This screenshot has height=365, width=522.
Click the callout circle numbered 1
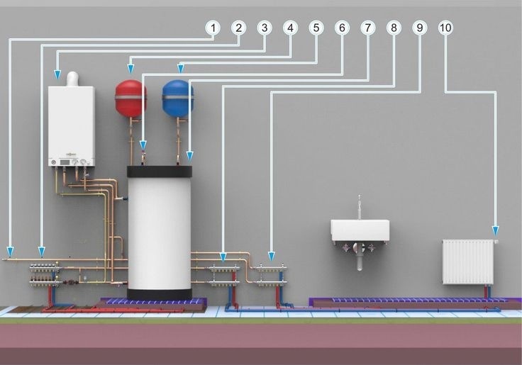(x=212, y=28)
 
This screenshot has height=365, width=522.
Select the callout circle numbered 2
(x=238, y=28)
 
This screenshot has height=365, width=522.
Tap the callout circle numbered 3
(x=265, y=28)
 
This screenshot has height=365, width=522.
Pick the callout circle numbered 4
(x=290, y=28)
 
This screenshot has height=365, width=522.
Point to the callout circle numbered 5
(x=316, y=28)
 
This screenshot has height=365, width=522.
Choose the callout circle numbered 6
(x=342, y=28)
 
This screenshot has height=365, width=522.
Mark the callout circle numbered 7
(x=367, y=28)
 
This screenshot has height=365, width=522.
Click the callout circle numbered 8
(x=393, y=28)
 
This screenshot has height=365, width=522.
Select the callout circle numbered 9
(x=419, y=28)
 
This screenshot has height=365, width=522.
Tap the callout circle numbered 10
(x=445, y=28)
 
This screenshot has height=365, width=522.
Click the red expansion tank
(x=131, y=99)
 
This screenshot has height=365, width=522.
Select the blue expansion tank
(x=177, y=99)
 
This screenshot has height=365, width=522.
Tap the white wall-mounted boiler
(x=71, y=124)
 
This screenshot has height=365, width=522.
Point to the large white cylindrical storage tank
(x=160, y=230)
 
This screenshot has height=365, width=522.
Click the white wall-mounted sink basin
(x=360, y=230)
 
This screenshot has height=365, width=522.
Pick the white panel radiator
(x=467, y=262)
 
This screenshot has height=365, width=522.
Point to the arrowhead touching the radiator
(x=495, y=230)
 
